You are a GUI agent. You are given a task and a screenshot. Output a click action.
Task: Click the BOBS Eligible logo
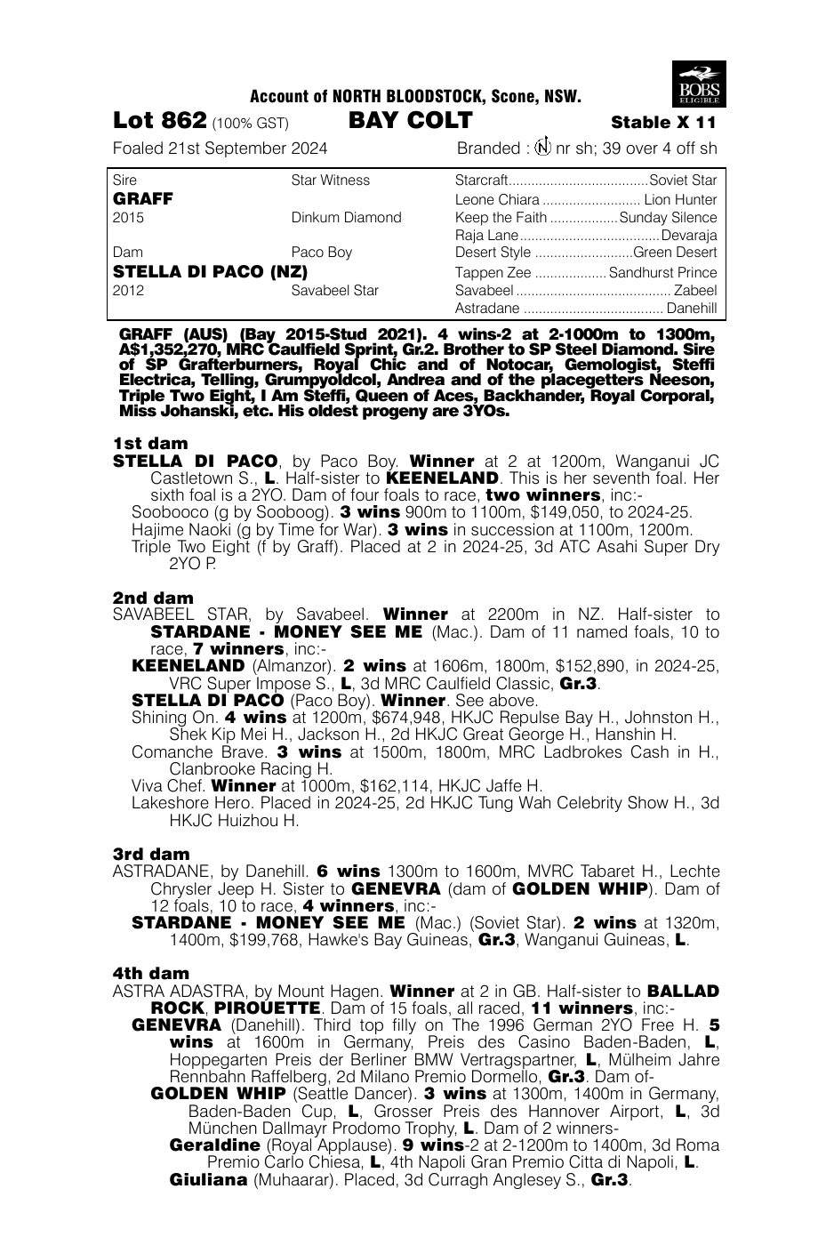(700, 84)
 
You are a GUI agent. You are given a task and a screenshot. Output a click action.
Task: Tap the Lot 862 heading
(160, 122)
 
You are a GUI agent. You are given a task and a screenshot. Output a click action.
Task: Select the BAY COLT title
(410, 121)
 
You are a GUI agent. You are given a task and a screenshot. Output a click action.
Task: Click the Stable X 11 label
(663, 123)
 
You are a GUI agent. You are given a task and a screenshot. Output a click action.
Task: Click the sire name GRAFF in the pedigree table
(143, 198)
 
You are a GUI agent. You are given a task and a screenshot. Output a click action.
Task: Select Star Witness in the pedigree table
(330, 181)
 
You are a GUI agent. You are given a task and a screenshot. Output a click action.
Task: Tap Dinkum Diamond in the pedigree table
(346, 218)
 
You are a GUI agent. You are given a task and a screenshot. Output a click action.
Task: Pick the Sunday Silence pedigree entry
(668, 218)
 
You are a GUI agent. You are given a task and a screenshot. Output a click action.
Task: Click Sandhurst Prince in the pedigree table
(662, 273)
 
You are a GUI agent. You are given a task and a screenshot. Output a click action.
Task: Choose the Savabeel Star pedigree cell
(335, 291)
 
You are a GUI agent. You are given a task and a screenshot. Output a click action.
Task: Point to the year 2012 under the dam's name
(129, 291)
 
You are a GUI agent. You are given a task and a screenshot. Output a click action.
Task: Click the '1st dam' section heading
(150, 443)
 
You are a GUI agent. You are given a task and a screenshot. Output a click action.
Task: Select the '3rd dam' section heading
(151, 854)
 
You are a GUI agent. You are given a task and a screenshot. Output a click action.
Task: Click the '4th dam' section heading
(151, 974)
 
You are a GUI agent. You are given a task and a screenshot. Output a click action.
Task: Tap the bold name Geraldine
(214, 1145)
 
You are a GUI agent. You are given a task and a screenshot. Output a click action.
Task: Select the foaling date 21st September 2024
(251, 149)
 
